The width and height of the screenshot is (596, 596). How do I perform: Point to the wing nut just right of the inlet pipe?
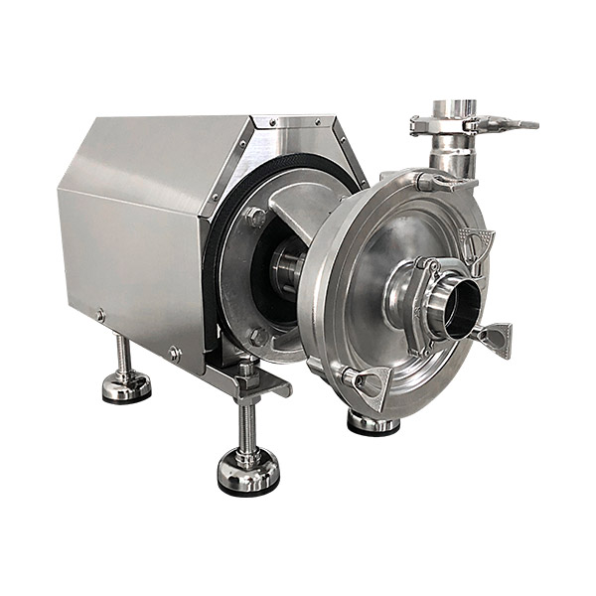point(493,338)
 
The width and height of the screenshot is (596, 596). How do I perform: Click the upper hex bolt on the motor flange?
point(256,217)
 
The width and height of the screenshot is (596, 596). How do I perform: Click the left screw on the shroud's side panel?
point(100,316)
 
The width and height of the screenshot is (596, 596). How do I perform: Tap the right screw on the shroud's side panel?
point(175,352)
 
